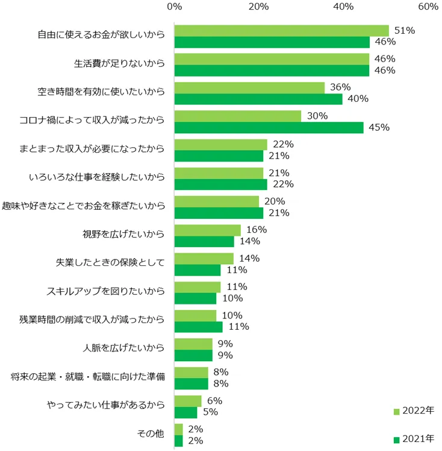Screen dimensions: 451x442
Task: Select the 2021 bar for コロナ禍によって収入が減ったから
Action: [269, 127]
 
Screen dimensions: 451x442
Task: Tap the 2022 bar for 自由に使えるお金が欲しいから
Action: [281, 31]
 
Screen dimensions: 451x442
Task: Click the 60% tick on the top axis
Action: [428, 7]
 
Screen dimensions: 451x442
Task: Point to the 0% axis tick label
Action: [175, 7]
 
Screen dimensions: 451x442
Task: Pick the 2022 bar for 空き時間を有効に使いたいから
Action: [249, 87]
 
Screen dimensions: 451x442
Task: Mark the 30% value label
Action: [317, 116]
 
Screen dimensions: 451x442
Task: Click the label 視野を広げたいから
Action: [123, 235]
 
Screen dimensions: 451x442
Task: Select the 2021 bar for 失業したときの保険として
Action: [198, 270]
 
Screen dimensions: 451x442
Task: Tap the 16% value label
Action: [257, 230]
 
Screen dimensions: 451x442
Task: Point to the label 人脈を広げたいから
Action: [123, 348]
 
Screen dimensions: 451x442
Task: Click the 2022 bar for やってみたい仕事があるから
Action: [188, 401]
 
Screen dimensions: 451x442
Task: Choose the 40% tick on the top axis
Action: [343, 7]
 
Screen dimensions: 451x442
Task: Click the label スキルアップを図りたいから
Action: [106, 292]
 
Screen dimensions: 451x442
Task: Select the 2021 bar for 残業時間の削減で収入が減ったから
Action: [198, 326]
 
